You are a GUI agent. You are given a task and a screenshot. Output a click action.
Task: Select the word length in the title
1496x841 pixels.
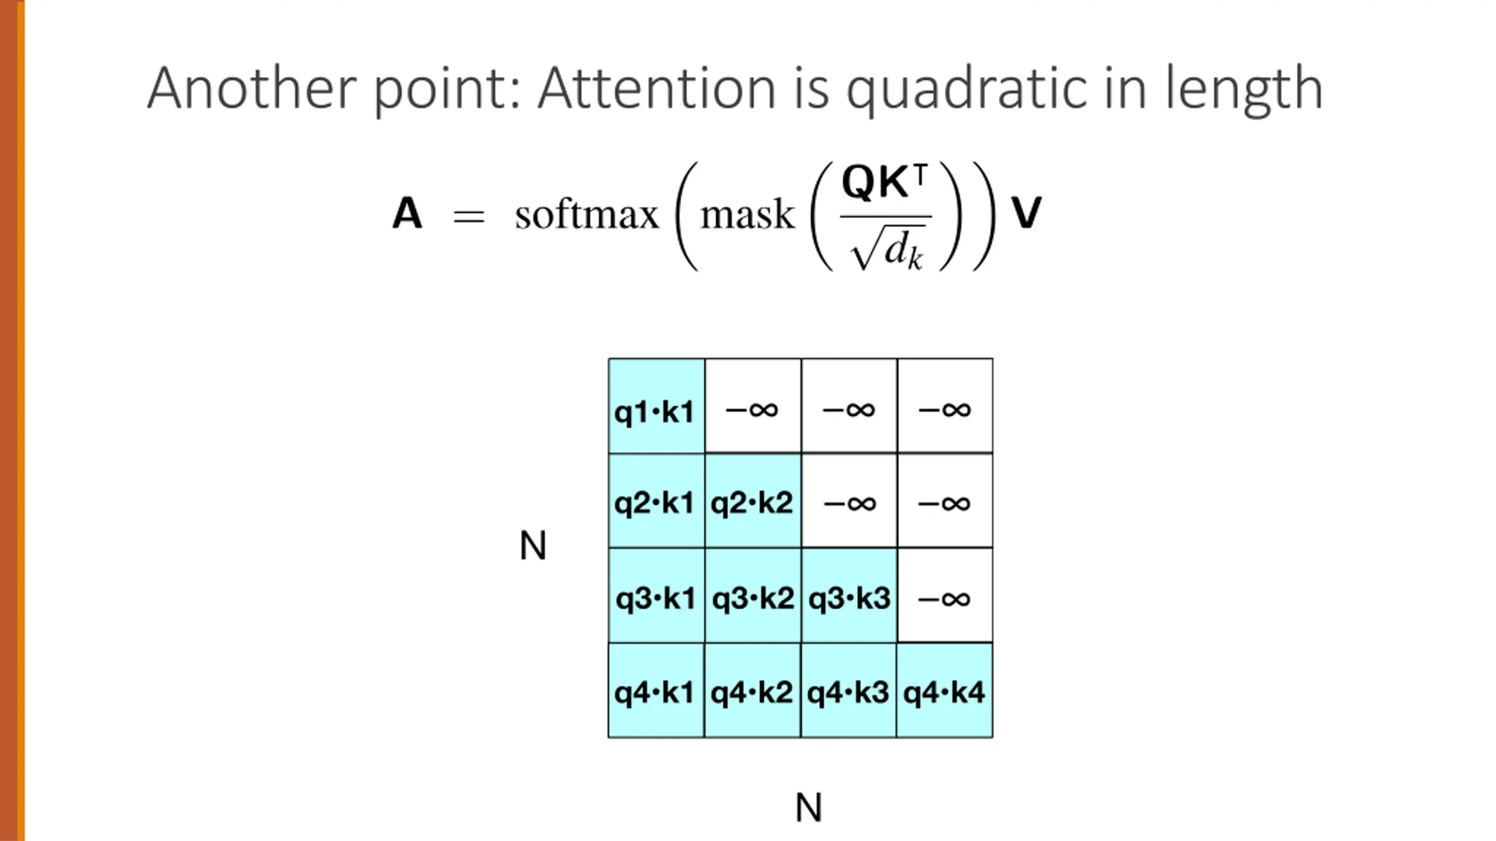pyautogui.click(x=1244, y=89)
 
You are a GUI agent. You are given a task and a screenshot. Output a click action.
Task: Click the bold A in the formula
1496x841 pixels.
pyautogui.click(x=407, y=214)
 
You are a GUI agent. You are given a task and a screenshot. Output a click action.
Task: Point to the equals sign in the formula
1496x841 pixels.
pyautogui.click(x=469, y=217)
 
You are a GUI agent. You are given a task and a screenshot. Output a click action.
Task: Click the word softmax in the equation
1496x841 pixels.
pyautogui.click(x=587, y=215)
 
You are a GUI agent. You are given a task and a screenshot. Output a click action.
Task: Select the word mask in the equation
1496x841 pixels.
pyautogui.click(x=747, y=215)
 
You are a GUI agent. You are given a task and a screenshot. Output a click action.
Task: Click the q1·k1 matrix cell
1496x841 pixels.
pyautogui.click(x=656, y=406)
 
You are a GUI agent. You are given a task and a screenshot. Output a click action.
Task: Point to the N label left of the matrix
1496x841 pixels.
pyautogui.click(x=532, y=545)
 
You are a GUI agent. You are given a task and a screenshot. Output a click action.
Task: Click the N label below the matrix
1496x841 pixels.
pyautogui.click(x=809, y=807)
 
